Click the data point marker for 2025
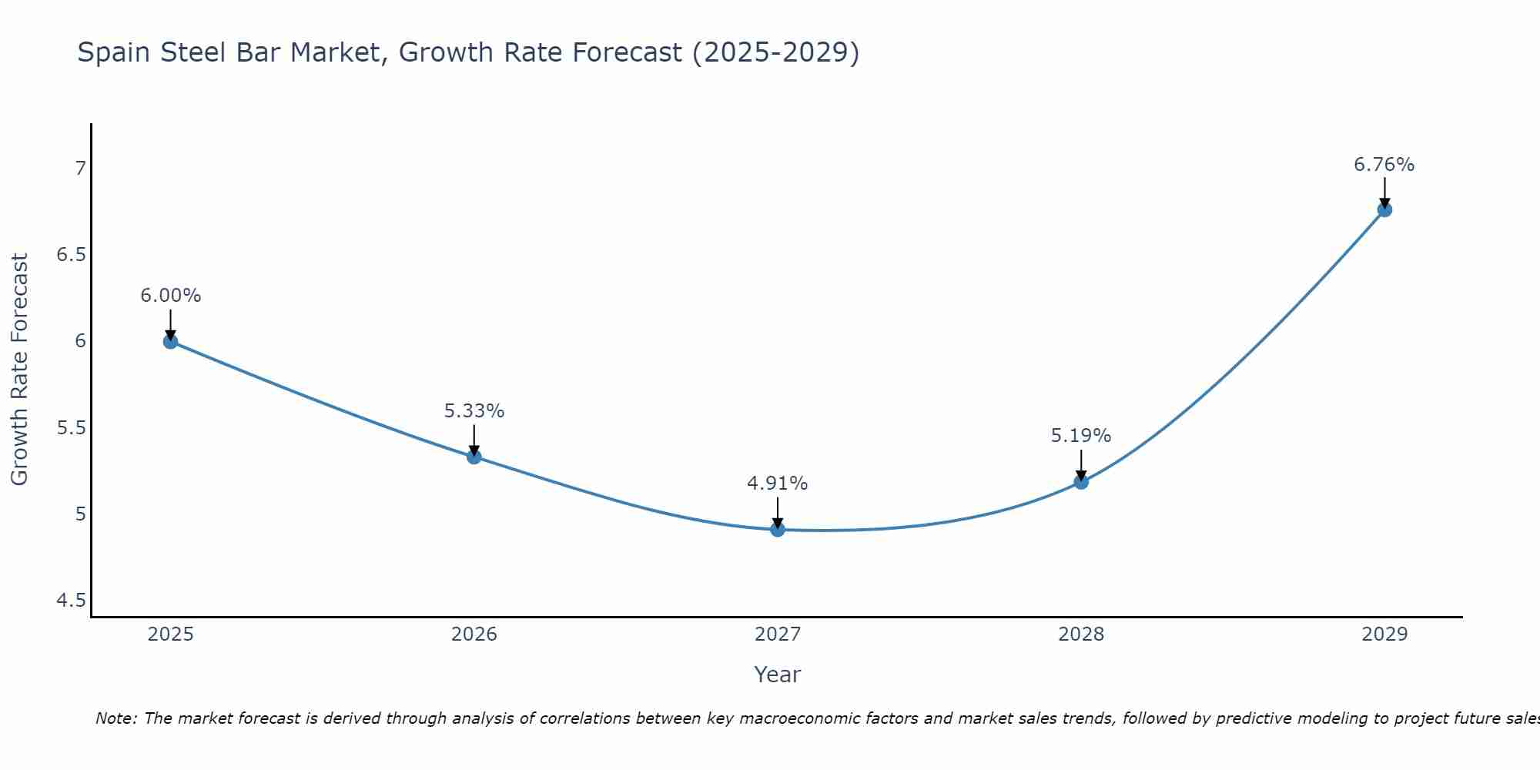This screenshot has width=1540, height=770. (170, 341)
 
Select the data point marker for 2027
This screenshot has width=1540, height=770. (778, 529)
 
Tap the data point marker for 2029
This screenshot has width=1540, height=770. (1384, 209)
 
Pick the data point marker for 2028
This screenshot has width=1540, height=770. (1081, 481)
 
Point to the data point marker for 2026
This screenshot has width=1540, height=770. (474, 457)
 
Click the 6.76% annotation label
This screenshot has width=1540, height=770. (1384, 165)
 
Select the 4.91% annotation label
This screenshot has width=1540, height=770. (777, 484)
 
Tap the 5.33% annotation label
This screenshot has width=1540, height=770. (474, 411)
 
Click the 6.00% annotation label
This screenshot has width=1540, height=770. (170, 296)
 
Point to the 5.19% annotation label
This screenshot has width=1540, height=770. (1080, 436)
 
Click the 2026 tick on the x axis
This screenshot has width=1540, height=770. (474, 634)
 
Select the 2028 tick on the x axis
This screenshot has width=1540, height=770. (1081, 634)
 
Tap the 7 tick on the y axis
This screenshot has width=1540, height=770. (80, 168)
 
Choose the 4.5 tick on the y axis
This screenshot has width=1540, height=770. (71, 601)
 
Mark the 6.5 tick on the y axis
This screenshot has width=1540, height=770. (71, 255)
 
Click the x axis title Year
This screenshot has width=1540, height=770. (777, 675)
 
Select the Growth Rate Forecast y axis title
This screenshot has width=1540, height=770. (19, 370)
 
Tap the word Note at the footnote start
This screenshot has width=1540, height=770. (115, 718)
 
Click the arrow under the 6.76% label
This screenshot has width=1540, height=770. (1384, 192)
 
